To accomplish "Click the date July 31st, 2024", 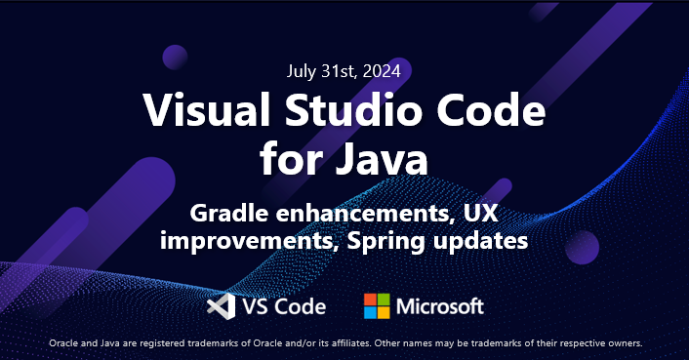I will tap(344, 70).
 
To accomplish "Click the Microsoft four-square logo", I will tap(377, 306).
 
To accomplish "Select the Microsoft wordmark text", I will tap(439, 306).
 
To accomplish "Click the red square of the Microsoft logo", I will tap(371, 300).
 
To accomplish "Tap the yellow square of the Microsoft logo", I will tap(384, 313).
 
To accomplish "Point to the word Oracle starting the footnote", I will tap(62, 343).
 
